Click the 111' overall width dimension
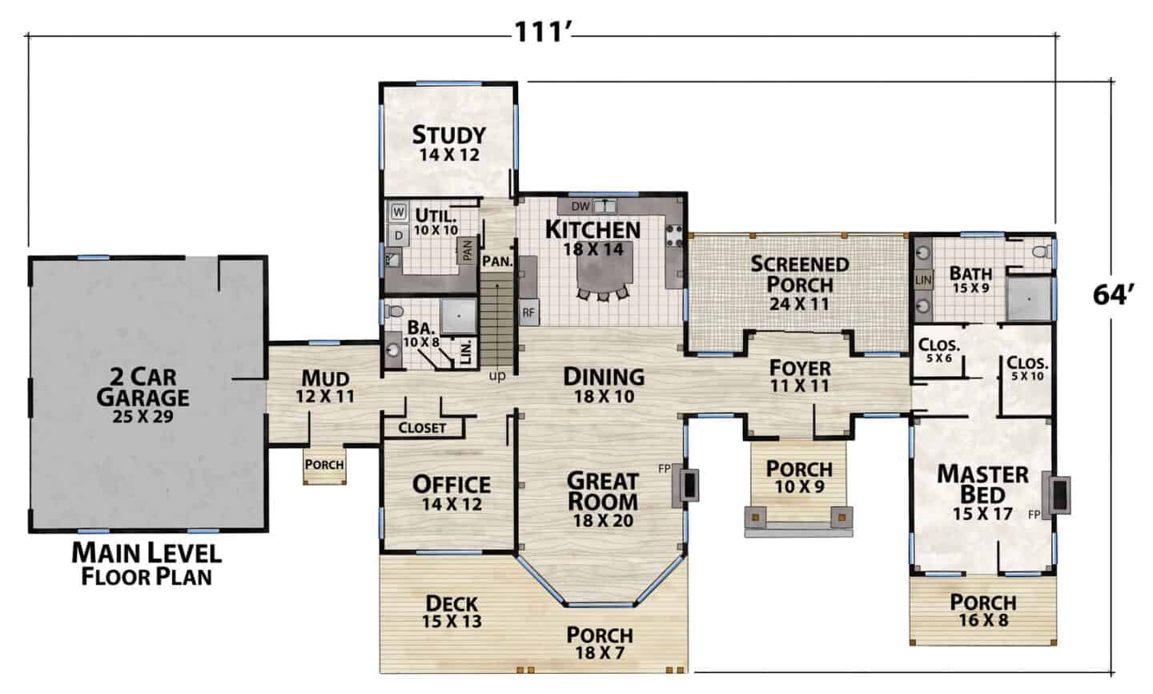pos(544,32)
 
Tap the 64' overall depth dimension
pos(1113,295)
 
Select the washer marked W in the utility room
pos(399,212)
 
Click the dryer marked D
pos(399,236)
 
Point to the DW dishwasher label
pos(580,207)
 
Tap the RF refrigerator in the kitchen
pos(528,313)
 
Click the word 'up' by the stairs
pos(496,376)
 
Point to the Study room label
pos(449,135)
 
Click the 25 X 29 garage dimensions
pos(143,416)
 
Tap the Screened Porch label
pos(799,274)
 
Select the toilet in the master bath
pos(1042,252)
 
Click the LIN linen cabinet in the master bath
pos(923,280)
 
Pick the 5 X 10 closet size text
pos(1027,376)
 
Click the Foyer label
pos(800,369)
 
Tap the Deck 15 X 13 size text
pos(452,621)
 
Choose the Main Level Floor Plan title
pos(147,564)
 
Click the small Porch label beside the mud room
pos(324,465)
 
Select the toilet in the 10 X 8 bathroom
pos(395,311)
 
